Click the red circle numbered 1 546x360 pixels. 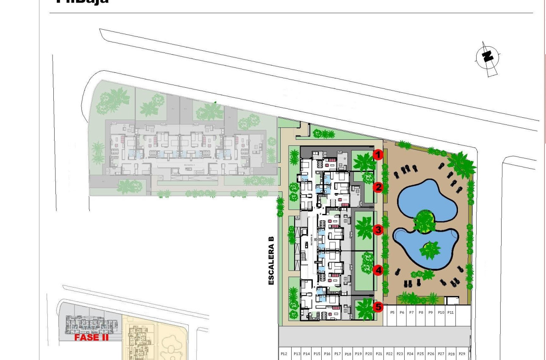click(378, 155)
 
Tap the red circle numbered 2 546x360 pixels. click(378, 187)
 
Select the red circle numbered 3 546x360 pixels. click(378, 230)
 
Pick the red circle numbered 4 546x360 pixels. click(378, 270)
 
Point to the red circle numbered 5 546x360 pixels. click(378, 307)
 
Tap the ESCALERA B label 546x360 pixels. click(271, 260)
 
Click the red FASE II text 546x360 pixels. click(91, 338)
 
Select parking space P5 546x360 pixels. click(392, 313)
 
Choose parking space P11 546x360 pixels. click(450, 313)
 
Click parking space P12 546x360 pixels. click(284, 354)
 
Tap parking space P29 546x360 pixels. click(462, 354)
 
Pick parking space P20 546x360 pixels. click(368, 354)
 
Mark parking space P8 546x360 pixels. click(421, 313)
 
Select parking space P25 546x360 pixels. click(420, 354)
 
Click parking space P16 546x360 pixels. click(327, 354)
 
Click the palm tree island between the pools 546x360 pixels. click(425, 221)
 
